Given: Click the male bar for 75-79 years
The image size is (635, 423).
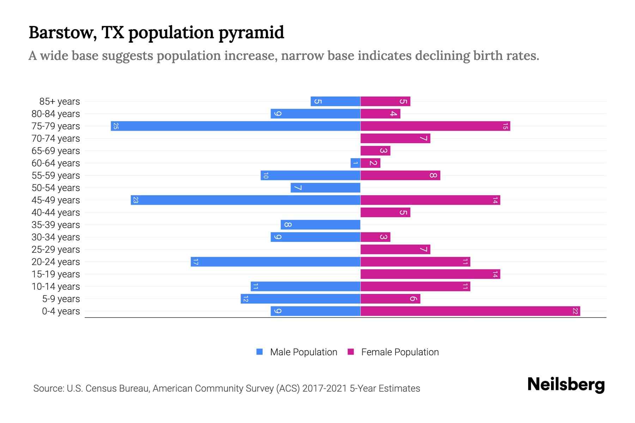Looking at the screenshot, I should (x=235, y=126).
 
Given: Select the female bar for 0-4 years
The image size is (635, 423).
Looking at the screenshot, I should (x=470, y=311).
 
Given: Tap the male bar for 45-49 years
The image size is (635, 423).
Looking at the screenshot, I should (x=245, y=200).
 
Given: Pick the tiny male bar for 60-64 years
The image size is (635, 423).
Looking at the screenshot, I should (x=355, y=163).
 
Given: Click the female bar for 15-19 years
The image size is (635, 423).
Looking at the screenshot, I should (x=430, y=274).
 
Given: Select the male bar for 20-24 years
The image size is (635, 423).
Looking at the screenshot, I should (x=275, y=262).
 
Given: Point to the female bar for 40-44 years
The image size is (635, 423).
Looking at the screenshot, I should (x=385, y=213).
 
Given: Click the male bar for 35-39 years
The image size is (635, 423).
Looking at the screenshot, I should (x=320, y=225).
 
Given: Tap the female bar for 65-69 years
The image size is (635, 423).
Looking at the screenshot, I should (x=375, y=151).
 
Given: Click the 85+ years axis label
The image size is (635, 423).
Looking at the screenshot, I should (x=59, y=102).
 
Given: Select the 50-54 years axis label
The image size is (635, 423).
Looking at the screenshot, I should (x=56, y=188).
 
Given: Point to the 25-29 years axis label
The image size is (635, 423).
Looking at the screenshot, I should (x=56, y=250).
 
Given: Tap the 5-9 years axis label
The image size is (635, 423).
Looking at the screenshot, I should (x=61, y=299).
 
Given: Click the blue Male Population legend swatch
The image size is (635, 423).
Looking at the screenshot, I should (x=260, y=352).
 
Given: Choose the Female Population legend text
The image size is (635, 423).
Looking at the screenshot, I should (x=400, y=352).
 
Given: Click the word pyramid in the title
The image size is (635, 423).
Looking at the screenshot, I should (x=251, y=33).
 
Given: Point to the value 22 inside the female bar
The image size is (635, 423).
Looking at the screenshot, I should (x=575, y=311).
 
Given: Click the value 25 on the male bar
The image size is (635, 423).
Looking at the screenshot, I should (x=116, y=126).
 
